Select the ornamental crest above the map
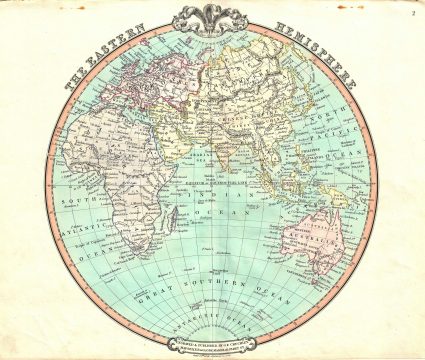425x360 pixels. pyautogui.click(x=211, y=18)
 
